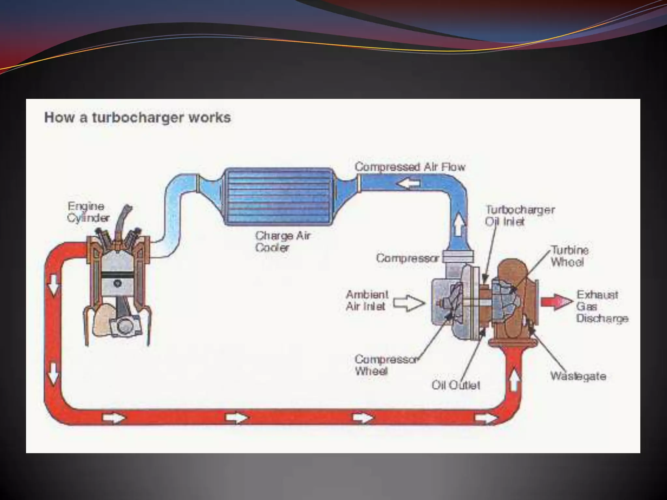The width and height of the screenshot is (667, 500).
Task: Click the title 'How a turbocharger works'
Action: [x=137, y=118]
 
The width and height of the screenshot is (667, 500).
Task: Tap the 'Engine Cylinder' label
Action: [x=88, y=212]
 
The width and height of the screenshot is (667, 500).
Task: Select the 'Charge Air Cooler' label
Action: [x=282, y=241]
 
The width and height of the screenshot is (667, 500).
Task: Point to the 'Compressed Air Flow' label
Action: [x=410, y=167]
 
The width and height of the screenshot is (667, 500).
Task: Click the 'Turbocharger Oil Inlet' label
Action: [x=519, y=215]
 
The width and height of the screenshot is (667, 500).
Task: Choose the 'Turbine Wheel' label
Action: [x=570, y=256]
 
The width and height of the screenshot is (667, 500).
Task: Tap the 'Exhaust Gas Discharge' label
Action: [x=602, y=306]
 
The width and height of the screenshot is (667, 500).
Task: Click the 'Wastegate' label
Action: [x=578, y=376]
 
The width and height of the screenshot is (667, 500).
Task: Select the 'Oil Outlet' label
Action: [x=456, y=385]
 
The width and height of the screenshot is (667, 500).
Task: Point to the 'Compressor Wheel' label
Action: [x=386, y=365]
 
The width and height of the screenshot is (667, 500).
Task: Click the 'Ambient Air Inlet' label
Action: [x=367, y=300]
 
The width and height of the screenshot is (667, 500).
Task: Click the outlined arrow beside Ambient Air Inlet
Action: [x=409, y=303]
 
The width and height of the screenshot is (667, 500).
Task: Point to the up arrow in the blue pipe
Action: [x=458, y=224]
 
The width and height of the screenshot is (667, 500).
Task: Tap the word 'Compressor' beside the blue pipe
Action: [x=407, y=258]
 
